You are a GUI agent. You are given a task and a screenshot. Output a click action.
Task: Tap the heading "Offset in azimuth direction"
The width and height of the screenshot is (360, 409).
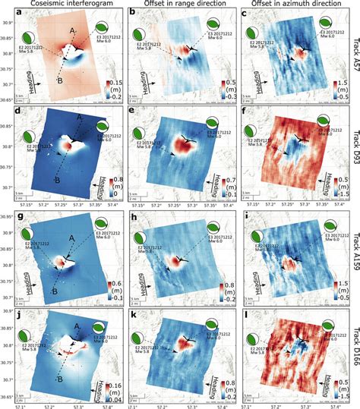click(x=287, y=5)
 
